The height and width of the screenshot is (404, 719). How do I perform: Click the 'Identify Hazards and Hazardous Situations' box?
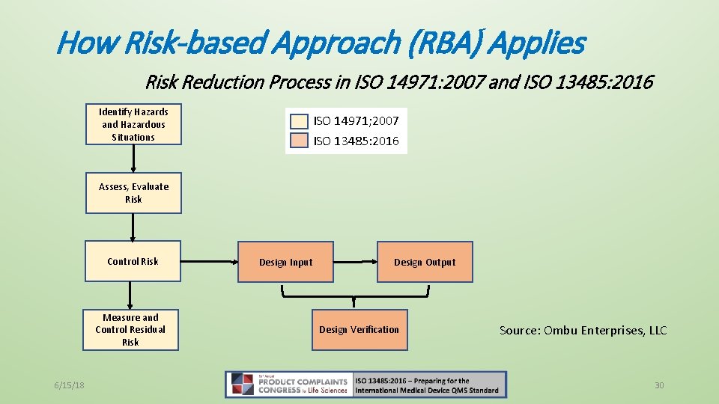(133, 125)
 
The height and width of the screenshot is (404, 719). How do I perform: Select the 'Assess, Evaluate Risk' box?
(133, 193)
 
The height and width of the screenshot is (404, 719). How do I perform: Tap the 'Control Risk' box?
(133, 261)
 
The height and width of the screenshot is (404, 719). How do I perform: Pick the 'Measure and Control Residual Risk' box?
(131, 330)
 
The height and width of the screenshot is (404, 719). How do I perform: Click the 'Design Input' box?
(285, 262)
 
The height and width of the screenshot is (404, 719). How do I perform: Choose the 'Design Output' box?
(425, 262)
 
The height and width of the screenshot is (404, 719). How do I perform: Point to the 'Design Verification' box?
(359, 330)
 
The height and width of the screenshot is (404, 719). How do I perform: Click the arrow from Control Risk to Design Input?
(209, 262)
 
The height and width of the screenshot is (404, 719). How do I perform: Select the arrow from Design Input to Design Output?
(355, 262)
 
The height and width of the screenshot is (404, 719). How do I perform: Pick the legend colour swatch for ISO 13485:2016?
(300, 141)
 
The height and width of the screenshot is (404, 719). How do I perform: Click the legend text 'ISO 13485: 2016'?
(356, 141)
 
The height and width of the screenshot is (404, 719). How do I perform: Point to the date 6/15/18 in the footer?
(69, 385)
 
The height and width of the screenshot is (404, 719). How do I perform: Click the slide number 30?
(659, 385)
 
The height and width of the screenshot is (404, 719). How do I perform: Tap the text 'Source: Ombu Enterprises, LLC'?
(583, 331)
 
